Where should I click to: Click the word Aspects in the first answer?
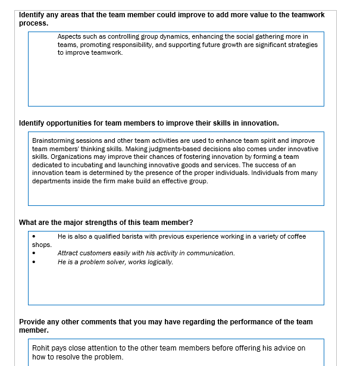click(69, 37)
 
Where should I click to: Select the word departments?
click(51, 181)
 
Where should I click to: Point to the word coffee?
click(296, 236)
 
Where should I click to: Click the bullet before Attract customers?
click(34, 254)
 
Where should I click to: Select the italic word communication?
click(212, 253)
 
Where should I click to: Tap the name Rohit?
click(41, 348)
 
